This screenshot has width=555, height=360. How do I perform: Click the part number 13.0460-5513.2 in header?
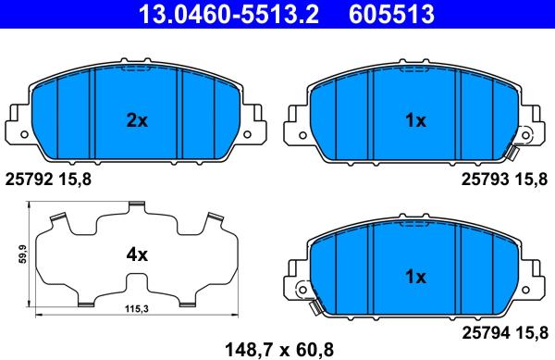click(229, 14)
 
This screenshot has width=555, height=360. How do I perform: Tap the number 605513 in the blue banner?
click(391, 14)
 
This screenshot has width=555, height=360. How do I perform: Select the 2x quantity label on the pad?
click(137, 120)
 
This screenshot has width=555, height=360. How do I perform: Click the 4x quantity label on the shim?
click(137, 254)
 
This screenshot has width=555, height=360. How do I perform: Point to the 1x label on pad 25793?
click(416, 120)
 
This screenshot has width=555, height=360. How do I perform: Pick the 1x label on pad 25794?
click(416, 277)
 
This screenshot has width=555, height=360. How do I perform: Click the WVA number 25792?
click(29, 180)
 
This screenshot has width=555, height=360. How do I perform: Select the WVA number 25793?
click(486, 180)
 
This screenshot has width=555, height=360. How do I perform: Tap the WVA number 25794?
click(486, 333)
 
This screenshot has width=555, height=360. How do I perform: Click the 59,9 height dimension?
click(23, 254)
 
